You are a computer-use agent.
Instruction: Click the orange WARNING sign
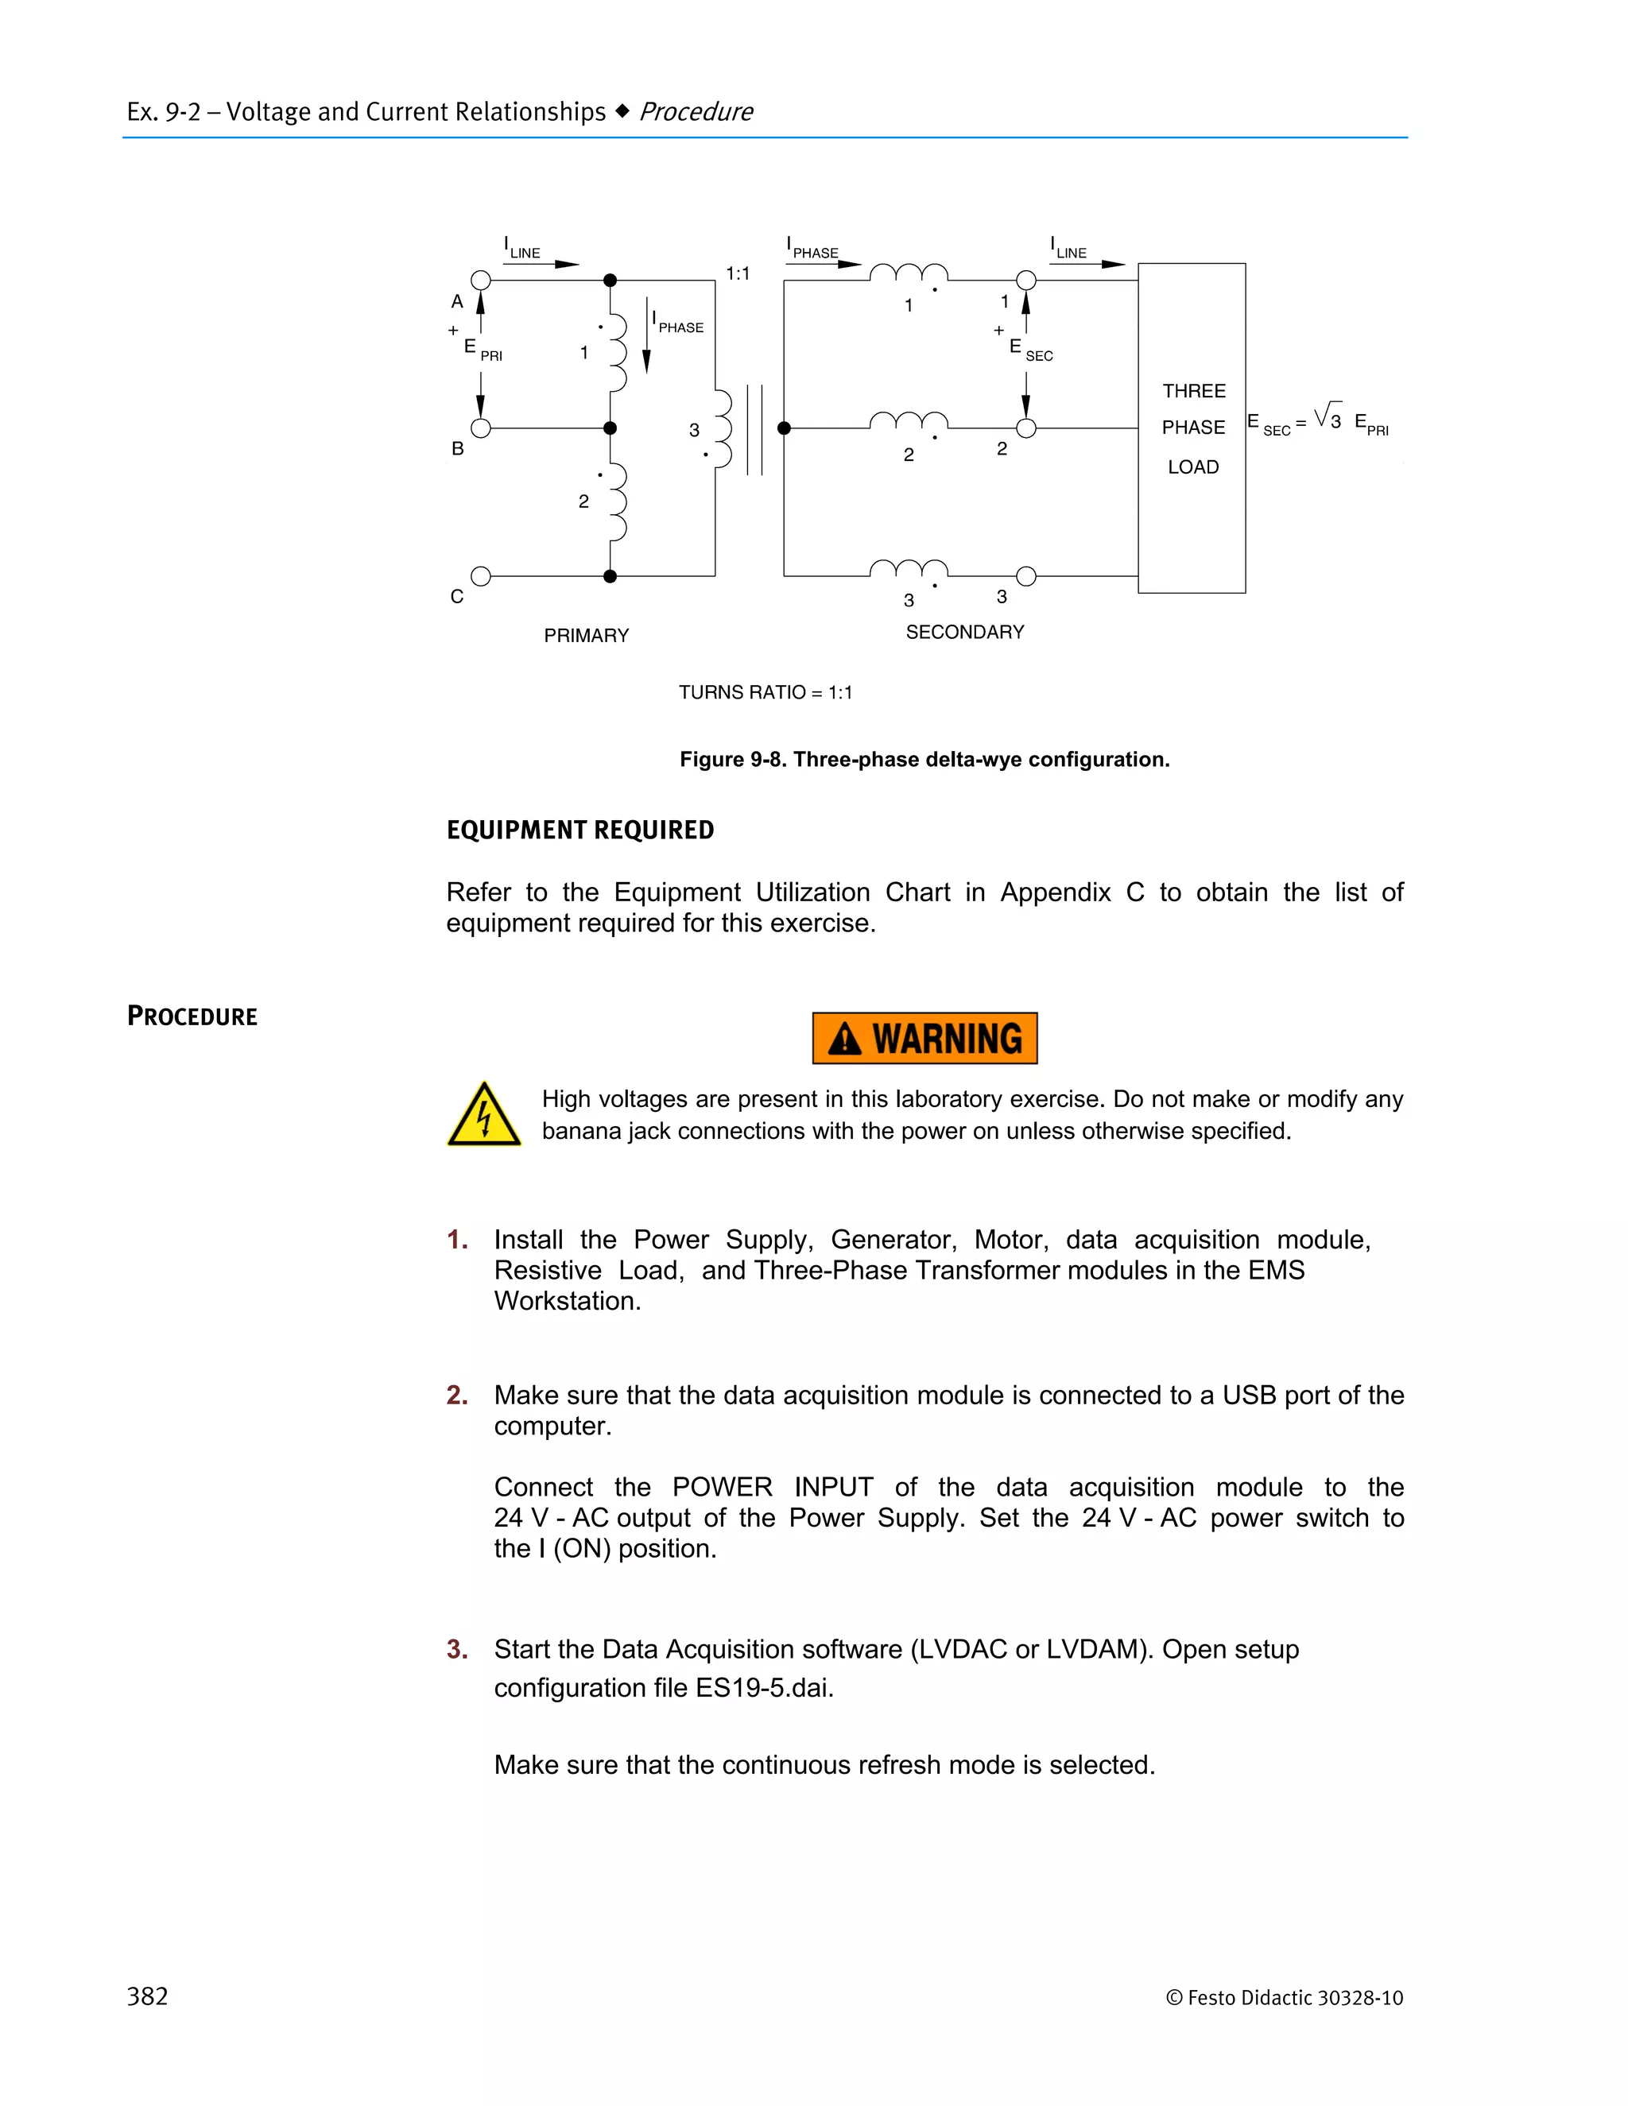click(924, 1038)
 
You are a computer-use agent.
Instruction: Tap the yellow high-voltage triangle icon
click(484, 1117)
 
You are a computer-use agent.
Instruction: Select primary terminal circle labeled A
click(480, 281)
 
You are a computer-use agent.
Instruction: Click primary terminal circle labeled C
click(480, 577)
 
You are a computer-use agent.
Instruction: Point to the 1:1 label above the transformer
click(738, 274)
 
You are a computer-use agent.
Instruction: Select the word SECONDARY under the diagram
click(964, 632)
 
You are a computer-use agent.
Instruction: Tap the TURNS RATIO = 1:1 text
click(765, 692)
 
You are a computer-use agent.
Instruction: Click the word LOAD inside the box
click(1193, 466)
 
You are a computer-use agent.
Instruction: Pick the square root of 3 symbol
click(1328, 416)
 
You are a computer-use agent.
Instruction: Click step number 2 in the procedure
click(457, 1395)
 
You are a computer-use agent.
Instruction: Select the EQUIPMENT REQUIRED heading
click(579, 830)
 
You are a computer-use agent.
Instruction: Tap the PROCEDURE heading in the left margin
click(192, 1016)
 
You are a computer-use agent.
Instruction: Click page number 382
click(148, 1996)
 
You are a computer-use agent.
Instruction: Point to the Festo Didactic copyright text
click(1284, 1998)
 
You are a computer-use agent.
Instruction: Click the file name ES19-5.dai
click(763, 1687)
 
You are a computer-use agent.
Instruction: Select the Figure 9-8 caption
click(924, 759)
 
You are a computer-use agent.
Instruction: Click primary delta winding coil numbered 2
click(617, 502)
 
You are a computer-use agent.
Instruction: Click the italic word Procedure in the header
click(696, 112)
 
